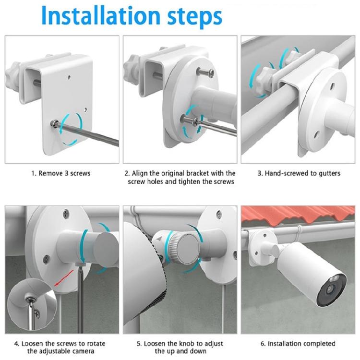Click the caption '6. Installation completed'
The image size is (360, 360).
coord(298,343)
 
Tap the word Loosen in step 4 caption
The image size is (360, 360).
coord(36,343)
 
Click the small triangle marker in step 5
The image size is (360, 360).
coord(158,238)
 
